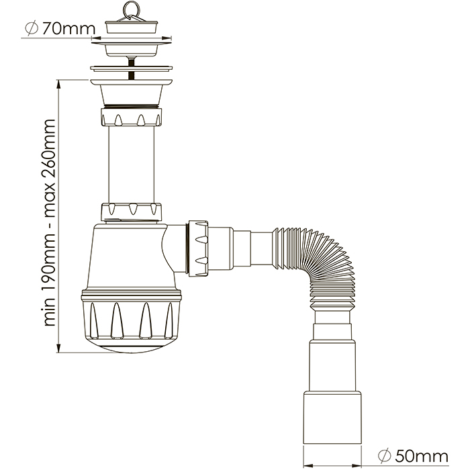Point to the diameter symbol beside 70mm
(30, 29)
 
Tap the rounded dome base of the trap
(132, 347)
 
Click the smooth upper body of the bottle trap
(128, 258)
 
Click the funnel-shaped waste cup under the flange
(132, 91)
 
